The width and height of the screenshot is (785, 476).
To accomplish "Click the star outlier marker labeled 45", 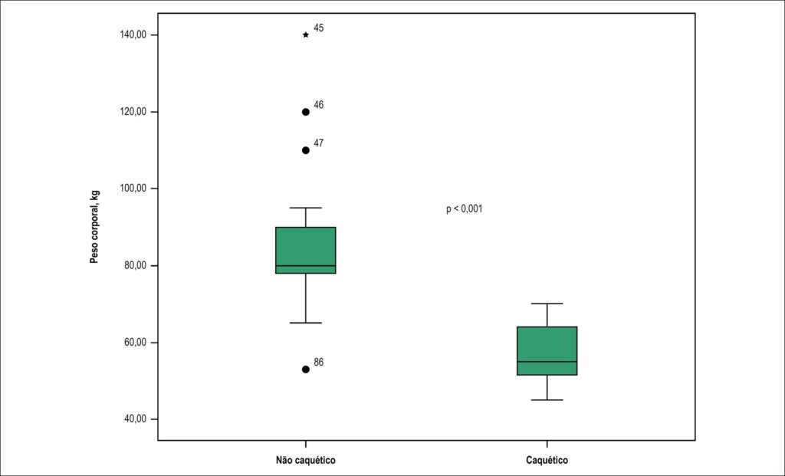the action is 306,35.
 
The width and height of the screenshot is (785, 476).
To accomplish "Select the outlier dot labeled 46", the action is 306,112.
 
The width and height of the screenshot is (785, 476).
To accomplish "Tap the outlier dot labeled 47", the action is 306,151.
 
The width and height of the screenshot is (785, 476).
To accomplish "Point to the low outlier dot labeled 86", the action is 306,369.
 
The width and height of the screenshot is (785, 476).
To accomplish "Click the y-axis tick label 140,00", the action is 133,35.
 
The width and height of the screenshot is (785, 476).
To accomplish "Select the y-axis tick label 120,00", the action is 133,112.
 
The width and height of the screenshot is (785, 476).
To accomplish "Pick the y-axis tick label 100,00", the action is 133,189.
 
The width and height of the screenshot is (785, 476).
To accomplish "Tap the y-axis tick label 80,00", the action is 135,266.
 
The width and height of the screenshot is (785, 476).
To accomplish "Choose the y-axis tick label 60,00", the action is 135,343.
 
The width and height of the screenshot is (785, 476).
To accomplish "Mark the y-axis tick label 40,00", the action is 135,419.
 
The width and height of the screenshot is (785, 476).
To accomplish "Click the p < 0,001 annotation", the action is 465,208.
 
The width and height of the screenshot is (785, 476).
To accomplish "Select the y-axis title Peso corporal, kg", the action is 94,227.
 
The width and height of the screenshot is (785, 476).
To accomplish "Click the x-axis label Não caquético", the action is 305,460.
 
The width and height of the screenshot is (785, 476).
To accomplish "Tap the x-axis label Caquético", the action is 547,460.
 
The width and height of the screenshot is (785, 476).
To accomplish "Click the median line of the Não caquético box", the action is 306,266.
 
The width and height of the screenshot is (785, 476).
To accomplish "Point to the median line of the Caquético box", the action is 547,362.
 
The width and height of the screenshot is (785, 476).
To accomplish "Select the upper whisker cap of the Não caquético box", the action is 306,208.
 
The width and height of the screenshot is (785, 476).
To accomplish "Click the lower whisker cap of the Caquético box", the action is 547,400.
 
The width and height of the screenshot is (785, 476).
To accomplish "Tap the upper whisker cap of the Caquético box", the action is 547,304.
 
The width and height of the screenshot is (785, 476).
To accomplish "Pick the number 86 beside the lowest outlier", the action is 319,363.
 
